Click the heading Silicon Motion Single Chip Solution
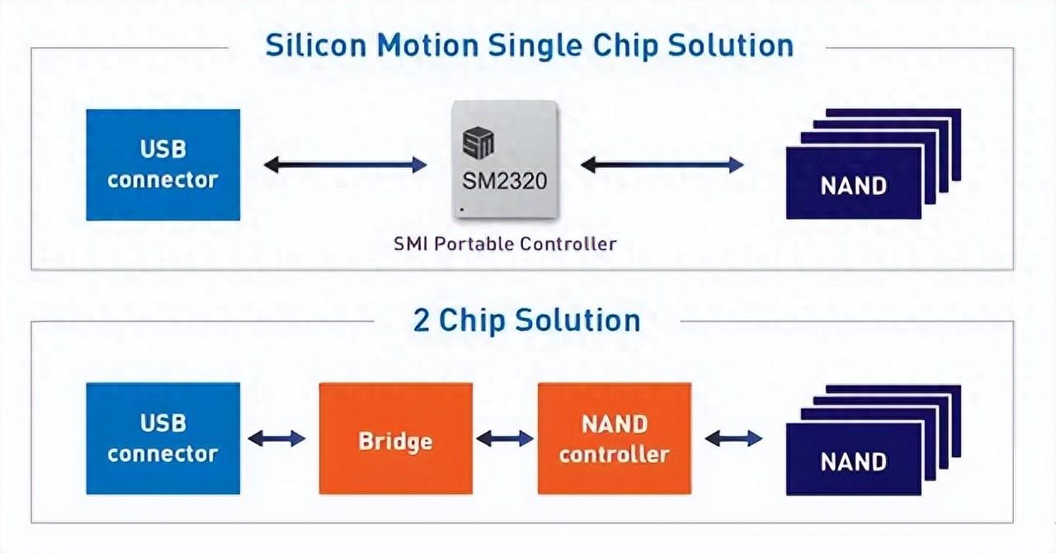coord(529,45)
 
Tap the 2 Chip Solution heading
coord(526,320)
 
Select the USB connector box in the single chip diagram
coord(163,165)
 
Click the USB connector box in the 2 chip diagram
coord(163,438)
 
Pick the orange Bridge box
coord(395,438)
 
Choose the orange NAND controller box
coord(614,438)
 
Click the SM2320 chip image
coord(505,160)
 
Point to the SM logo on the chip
coord(478,143)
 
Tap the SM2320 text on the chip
coord(505,179)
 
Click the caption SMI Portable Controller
coord(505,243)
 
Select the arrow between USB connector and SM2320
coord(345,165)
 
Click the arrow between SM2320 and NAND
coord(662,165)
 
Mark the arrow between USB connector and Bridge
coord(276,438)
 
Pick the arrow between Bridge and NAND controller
coord(505,438)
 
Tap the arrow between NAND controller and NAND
coord(733,438)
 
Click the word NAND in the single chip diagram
coord(853,185)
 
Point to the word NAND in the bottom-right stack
coord(853,461)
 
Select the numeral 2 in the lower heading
coord(422,320)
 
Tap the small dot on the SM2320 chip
coord(462,210)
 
